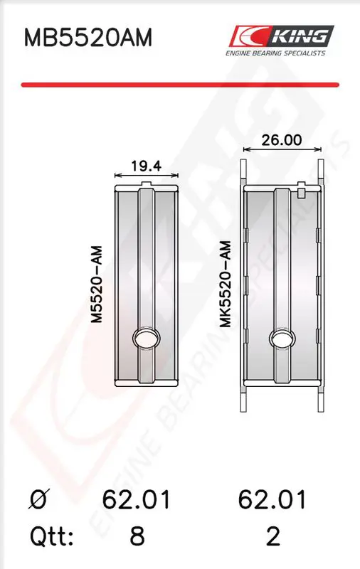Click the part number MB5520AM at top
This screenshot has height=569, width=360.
coord(88,38)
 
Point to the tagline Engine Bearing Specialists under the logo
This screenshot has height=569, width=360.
coord(275,53)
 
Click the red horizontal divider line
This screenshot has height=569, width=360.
coord(180,85)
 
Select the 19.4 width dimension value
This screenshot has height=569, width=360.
coord(147,166)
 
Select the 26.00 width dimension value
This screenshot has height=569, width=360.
coord(282,140)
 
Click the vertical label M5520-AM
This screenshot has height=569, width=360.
coord(97,284)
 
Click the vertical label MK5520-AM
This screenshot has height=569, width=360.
coord(226,284)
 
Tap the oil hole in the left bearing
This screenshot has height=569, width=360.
coord(147,339)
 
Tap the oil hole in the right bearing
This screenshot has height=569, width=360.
coord(282,339)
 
